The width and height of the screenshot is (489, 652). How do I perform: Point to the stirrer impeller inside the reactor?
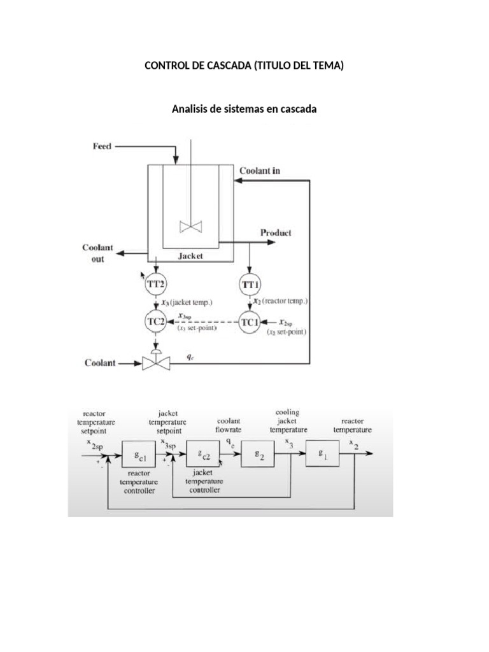[191, 227]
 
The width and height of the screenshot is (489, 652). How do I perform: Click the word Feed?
[102, 146]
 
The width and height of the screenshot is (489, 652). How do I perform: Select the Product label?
[276, 233]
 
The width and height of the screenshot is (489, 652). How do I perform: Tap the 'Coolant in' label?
[260, 171]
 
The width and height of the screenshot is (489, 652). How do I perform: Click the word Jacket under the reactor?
[190, 255]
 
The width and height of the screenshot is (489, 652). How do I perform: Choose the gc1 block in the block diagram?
[138, 455]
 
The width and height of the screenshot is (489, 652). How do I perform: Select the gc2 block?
[202, 455]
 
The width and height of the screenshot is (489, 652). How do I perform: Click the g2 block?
[257, 455]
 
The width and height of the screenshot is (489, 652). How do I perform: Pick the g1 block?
[323, 453]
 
